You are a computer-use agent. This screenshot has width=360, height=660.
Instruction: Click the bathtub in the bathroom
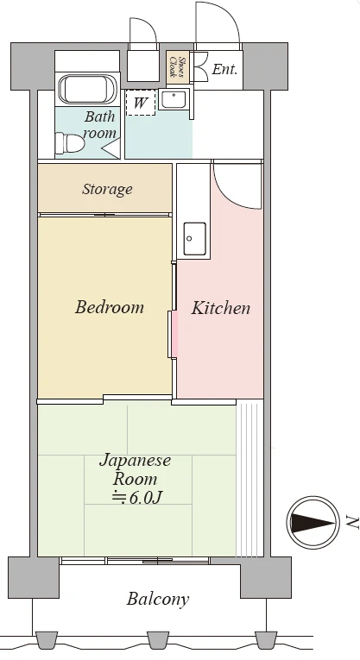click(x=87, y=89)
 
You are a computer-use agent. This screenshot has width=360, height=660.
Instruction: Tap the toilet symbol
click(x=70, y=143)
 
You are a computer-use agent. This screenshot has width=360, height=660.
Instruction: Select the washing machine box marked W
click(x=141, y=103)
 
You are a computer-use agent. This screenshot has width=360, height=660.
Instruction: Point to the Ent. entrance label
click(x=224, y=69)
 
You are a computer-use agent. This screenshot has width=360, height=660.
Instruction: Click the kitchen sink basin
click(x=194, y=239)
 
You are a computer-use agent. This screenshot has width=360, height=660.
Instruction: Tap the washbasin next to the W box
click(x=174, y=100)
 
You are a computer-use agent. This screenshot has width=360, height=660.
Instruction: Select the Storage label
click(x=107, y=190)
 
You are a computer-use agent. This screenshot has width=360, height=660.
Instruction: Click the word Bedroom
click(x=110, y=307)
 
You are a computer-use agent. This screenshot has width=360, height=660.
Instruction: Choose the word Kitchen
click(x=221, y=308)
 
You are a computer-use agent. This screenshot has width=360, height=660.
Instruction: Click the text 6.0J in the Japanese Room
click(x=145, y=498)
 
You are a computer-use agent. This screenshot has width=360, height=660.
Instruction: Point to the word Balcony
click(x=158, y=599)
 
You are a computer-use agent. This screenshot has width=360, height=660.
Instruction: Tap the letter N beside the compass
click(x=351, y=522)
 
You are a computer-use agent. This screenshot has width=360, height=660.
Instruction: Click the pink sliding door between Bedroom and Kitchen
click(x=173, y=335)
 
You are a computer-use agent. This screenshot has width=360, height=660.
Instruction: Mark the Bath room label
click(x=100, y=125)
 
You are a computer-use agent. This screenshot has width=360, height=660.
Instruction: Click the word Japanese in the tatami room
click(x=136, y=461)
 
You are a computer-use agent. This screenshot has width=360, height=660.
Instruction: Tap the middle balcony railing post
click(x=157, y=640)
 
